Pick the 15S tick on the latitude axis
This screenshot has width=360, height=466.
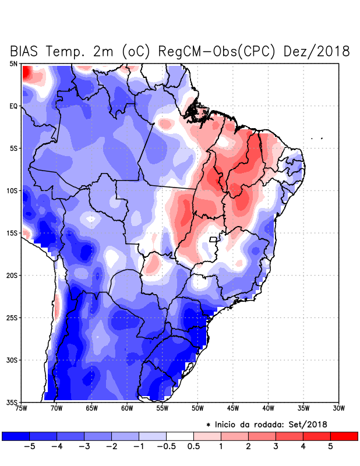(12, 233)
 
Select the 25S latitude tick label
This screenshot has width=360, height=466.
(12, 317)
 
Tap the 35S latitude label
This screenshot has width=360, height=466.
(12, 402)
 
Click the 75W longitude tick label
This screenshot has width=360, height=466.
(21, 408)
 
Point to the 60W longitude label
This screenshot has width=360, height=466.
(127, 408)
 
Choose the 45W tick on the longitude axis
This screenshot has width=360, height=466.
(233, 408)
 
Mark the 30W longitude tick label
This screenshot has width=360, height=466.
(339, 408)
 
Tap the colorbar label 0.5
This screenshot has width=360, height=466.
(193, 447)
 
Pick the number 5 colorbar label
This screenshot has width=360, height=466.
(330, 447)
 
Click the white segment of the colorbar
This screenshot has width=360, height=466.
(179, 436)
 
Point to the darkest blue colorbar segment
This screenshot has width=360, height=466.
(15, 436)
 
